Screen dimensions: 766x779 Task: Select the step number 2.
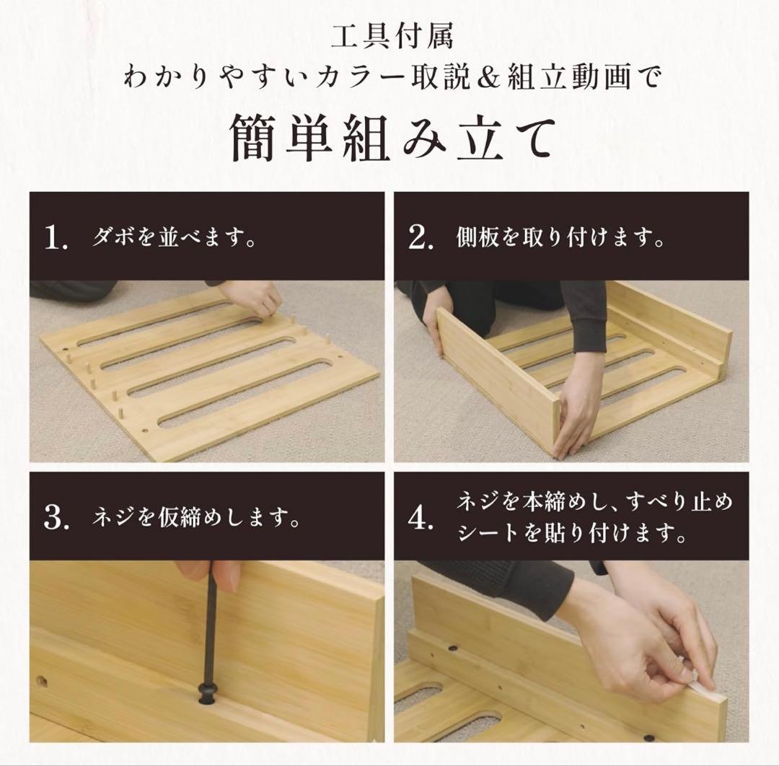420,239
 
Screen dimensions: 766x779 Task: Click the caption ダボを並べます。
174,239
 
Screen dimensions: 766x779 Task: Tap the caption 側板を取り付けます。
560,239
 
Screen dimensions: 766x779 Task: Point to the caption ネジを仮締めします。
195,518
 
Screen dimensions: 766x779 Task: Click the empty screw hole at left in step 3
42,680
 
